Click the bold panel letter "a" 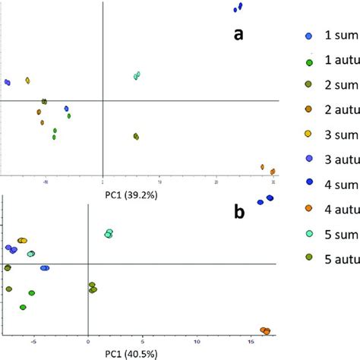238,34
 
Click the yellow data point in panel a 27,81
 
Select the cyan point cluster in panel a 137,75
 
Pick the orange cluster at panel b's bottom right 265,330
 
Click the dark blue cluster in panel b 265,200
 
